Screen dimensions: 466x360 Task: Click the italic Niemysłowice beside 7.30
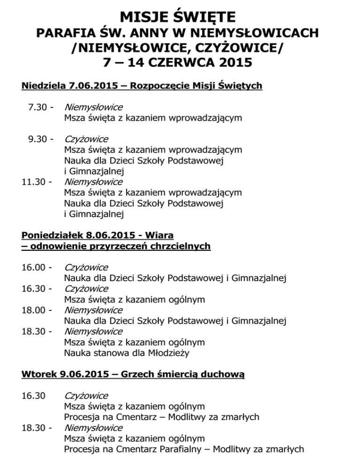click(x=93, y=107)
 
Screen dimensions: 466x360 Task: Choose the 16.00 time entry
click(x=33, y=267)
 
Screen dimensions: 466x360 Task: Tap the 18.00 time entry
click(x=33, y=310)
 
